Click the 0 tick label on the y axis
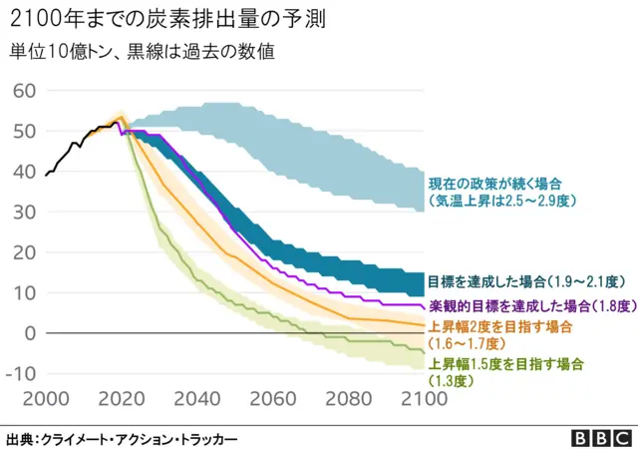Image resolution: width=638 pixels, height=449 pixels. pyautogui.click(x=30, y=333)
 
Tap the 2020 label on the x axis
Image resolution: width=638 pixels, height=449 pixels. pyautogui.click(x=121, y=399)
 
